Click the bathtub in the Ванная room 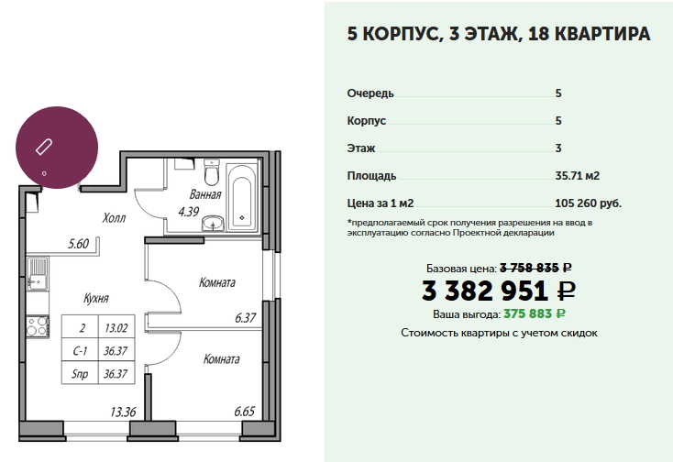click(242, 198)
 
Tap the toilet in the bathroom click(212, 171)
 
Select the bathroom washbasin click(213, 223)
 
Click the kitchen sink click(38, 274)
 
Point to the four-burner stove click(38, 325)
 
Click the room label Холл click(115, 218)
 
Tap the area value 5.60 click(79, 244)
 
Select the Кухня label click(96, 298)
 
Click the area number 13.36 click(123, 412)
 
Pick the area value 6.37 click(246, 317)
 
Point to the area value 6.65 click(245, 412)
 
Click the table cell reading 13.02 click(116, 328)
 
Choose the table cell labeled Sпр click(80, 374)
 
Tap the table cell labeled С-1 click(80, 351)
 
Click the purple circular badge click(57, 148)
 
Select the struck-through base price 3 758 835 click(530, 268)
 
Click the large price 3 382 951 click(485, 291)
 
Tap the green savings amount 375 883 click(527, 314)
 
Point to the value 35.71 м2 click(578, 175)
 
